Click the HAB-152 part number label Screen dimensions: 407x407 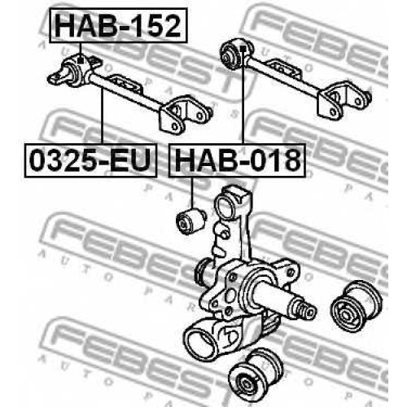tap(118, 26)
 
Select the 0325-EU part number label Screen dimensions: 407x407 tap(90, 160)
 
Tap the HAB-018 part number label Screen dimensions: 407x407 tap(238, 160)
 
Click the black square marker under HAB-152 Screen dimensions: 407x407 tap(80, 60)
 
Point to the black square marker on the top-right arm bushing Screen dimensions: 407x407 tap(243, 49)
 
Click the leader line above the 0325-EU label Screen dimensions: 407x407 tap(103, 116)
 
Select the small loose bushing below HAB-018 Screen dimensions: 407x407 tap(190, 221)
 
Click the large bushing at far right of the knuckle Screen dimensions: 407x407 tap(356, 306)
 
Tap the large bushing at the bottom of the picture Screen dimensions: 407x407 tap(256, 377)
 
